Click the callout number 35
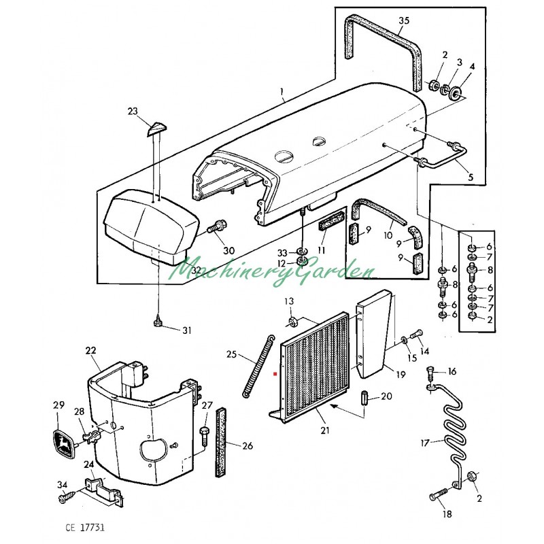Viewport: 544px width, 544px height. click(404, 21)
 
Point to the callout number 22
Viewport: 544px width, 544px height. click(91, 351)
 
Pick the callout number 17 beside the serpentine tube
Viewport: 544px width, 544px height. click(425, 443)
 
